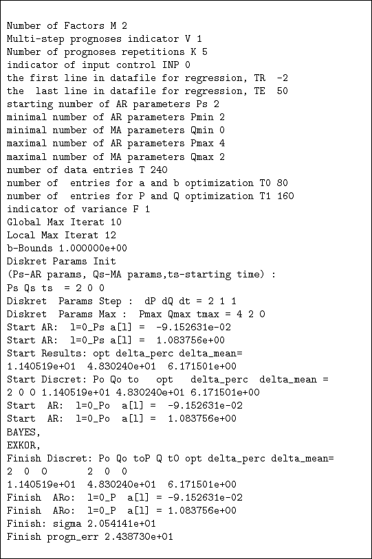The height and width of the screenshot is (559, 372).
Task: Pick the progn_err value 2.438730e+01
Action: (135, 536)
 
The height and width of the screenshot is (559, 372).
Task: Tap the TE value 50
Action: (281, 91)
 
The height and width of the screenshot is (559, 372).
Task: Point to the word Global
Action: (23, 222)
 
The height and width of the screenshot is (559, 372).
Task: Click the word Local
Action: (21, 235)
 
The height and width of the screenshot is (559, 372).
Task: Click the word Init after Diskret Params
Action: (105, 261)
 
